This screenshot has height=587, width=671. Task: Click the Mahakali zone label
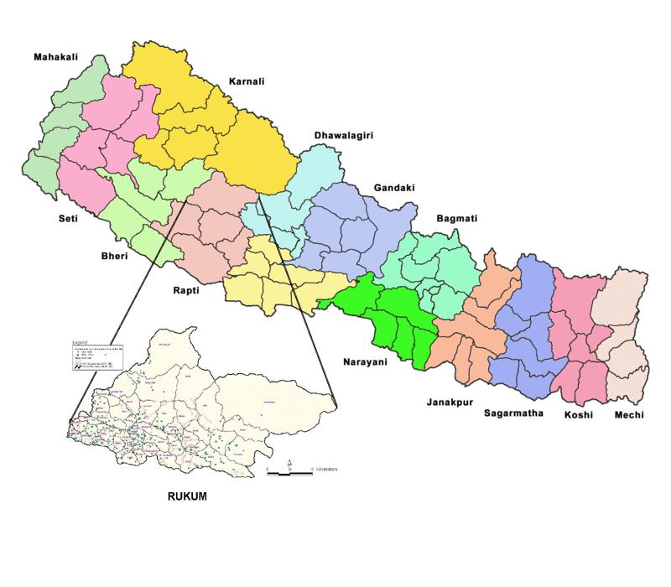55,57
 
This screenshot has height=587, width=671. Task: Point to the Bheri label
111,256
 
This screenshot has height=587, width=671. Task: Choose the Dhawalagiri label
343,135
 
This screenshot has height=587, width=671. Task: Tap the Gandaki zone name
394,188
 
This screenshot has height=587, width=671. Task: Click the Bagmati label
456,218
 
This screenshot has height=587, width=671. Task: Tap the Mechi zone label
630,414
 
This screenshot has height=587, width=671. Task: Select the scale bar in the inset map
289,474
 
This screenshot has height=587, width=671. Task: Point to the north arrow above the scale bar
289,463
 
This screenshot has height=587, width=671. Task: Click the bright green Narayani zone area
394,323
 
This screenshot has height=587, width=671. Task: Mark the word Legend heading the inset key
81,344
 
